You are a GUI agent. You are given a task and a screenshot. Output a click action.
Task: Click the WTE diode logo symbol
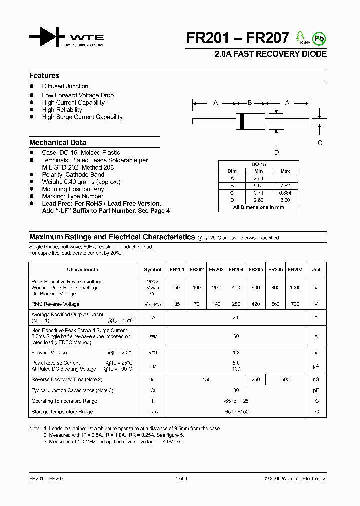pyautogui.click(x=47, y=38)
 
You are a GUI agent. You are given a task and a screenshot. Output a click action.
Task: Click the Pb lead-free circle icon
pyautogui.click(x=319, y=38)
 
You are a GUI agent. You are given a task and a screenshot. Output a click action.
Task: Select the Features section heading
pyautogui.click(x=44, y=76)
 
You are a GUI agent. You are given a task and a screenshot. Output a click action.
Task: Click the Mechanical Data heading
pyautogui.click(x=58, y=142)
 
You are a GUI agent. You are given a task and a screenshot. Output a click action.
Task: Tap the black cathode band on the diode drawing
pyautogui.click(x=242, y=120)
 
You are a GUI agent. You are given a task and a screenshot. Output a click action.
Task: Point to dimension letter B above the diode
pyautogui.click(x=250, y=103)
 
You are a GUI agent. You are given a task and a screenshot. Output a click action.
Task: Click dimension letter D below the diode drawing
pyautogui.click(x=276, y=152)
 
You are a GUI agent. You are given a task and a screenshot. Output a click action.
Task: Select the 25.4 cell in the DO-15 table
pyautogui.click(x=258, y=178)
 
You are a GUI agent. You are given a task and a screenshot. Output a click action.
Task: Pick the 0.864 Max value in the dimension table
pyautogui.click(x=285, y=193)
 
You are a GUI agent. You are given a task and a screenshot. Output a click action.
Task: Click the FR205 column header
pyautogui.click(x=255, y=270)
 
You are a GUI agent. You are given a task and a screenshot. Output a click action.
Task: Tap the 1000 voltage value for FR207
pyautogui.click(x=295, y=288)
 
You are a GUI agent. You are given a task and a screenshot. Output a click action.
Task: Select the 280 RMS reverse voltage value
pyautogui.click(x=236, y=304)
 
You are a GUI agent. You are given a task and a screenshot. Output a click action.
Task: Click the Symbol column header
pyautogui.click(x=152, y=270)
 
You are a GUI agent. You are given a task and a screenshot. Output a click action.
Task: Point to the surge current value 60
pyautogui.click(x=236, y=337)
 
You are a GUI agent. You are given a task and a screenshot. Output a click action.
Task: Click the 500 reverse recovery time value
pyautogui.click(x=285, y=380)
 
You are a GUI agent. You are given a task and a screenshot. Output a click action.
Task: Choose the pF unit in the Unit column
pyautogui.click(x=316, y=390)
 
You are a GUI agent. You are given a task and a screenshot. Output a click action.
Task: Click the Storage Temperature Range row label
pyautogui.click(x=62, y=412)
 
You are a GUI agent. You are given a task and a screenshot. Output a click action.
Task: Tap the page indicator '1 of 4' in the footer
pyautogui.click(x=181, y=479)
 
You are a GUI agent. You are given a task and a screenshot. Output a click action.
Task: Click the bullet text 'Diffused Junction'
pyautogui.click(x=65, y=86)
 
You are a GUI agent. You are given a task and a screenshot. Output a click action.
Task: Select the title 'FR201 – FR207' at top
pyautogui.click(x=238, y=38)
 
